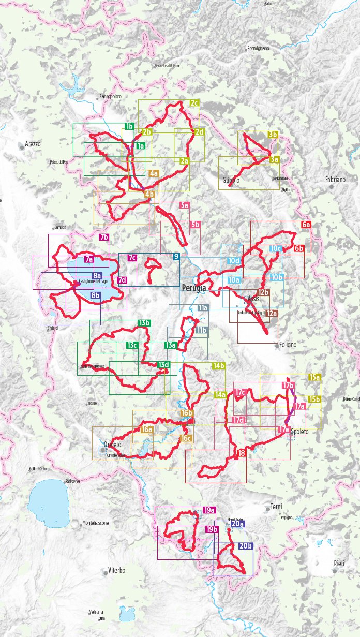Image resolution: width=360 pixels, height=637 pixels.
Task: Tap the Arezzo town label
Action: (x=32, y=143)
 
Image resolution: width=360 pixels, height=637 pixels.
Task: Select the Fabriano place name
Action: (x=335, y=179)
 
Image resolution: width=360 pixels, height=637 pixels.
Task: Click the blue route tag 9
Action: (x=176, y=257)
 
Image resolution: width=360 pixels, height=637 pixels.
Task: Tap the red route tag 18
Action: (x=242, y=453)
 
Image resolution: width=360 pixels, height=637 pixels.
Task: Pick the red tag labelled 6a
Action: (x=306, y=225)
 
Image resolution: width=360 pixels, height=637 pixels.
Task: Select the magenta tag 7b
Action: (x=104, y=238)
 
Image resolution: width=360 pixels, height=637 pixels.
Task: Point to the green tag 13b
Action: (x=144, y=323)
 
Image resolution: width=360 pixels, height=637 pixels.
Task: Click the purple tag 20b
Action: (x=246, y=546)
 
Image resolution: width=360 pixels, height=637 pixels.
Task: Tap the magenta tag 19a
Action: (x=209, y=510)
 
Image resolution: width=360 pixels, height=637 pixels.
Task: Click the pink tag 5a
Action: (x=184, y=205)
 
